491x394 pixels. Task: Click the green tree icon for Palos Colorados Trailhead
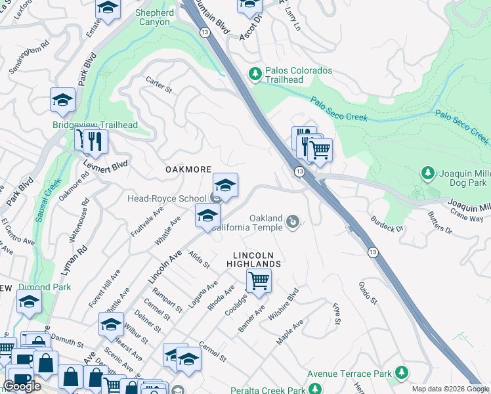click(255, 75)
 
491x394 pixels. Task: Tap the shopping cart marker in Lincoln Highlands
click(259, 281)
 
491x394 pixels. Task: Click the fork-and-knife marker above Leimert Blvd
click(91, 141)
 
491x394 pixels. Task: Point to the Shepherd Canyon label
click(154, 17)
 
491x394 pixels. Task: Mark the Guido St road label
click(368, 292)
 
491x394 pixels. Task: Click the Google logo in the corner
click(22, 386)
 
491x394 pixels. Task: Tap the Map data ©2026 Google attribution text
click(450, 389)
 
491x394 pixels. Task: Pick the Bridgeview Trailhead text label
click(95, 125)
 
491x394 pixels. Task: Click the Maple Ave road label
click(289, 332)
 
